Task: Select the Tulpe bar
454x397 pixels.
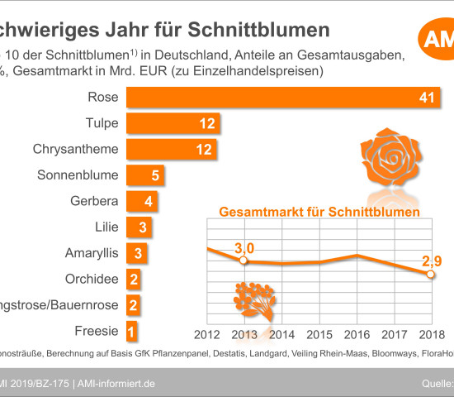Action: [x=173, y=124]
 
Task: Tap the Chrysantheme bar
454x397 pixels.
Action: [x=173, y=150]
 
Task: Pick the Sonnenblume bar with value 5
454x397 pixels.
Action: [x=146, y=175]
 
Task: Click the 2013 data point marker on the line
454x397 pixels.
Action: [x=243, y=261]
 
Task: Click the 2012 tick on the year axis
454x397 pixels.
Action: [x=206, y=334]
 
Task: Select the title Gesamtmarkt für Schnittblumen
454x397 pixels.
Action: [x=319, y=213]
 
